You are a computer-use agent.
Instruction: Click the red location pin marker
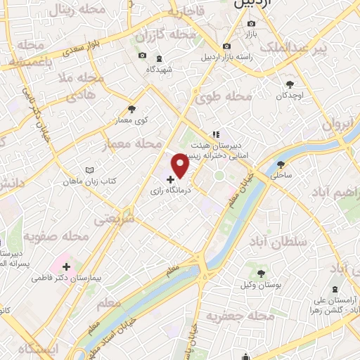point(181,165)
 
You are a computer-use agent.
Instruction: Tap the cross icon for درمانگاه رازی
point(171,180)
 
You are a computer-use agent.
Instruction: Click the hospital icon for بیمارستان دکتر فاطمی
point(67,267)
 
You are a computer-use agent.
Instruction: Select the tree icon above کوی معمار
point(131,109)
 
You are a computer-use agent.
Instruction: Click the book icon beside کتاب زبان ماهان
point(89,171)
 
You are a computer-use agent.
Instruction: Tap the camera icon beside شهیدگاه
point(142,56)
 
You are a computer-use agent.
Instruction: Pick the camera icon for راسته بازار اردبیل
point(226,47)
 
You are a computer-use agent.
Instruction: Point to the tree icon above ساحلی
point(280,164)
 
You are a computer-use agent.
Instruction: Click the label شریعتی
point(114,219)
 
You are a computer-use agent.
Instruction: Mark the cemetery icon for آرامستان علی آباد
point(334,290)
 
